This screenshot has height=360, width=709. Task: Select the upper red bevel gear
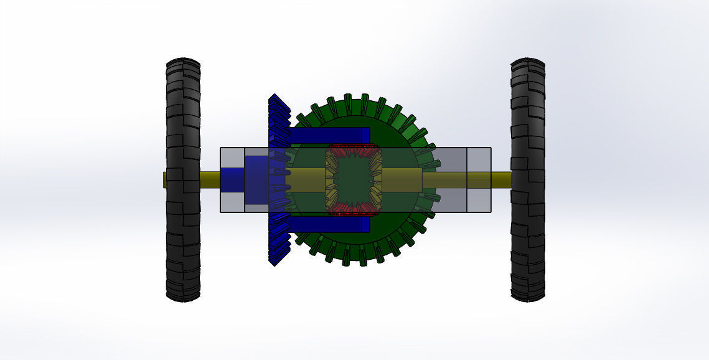click(x=353, y=151)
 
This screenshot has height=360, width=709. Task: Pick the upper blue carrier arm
click(x=330, y=135)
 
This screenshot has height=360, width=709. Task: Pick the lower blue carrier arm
click(x=330, y=224)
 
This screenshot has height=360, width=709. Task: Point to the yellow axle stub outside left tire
click(x=165, y=180)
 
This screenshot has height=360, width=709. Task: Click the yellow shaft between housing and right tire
click(x=501, y=180)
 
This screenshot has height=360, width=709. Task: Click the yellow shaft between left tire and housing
click(x=210, y=180)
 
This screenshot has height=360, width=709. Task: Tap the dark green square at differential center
click(x=353, y=180)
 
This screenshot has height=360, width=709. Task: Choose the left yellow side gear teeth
click(x=331, y=180)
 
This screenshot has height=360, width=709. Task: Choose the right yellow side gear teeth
click(x=375, y=180)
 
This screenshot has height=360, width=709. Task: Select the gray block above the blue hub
click(x=233, y=158)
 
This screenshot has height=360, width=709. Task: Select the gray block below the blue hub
click(x=233, y=202)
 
